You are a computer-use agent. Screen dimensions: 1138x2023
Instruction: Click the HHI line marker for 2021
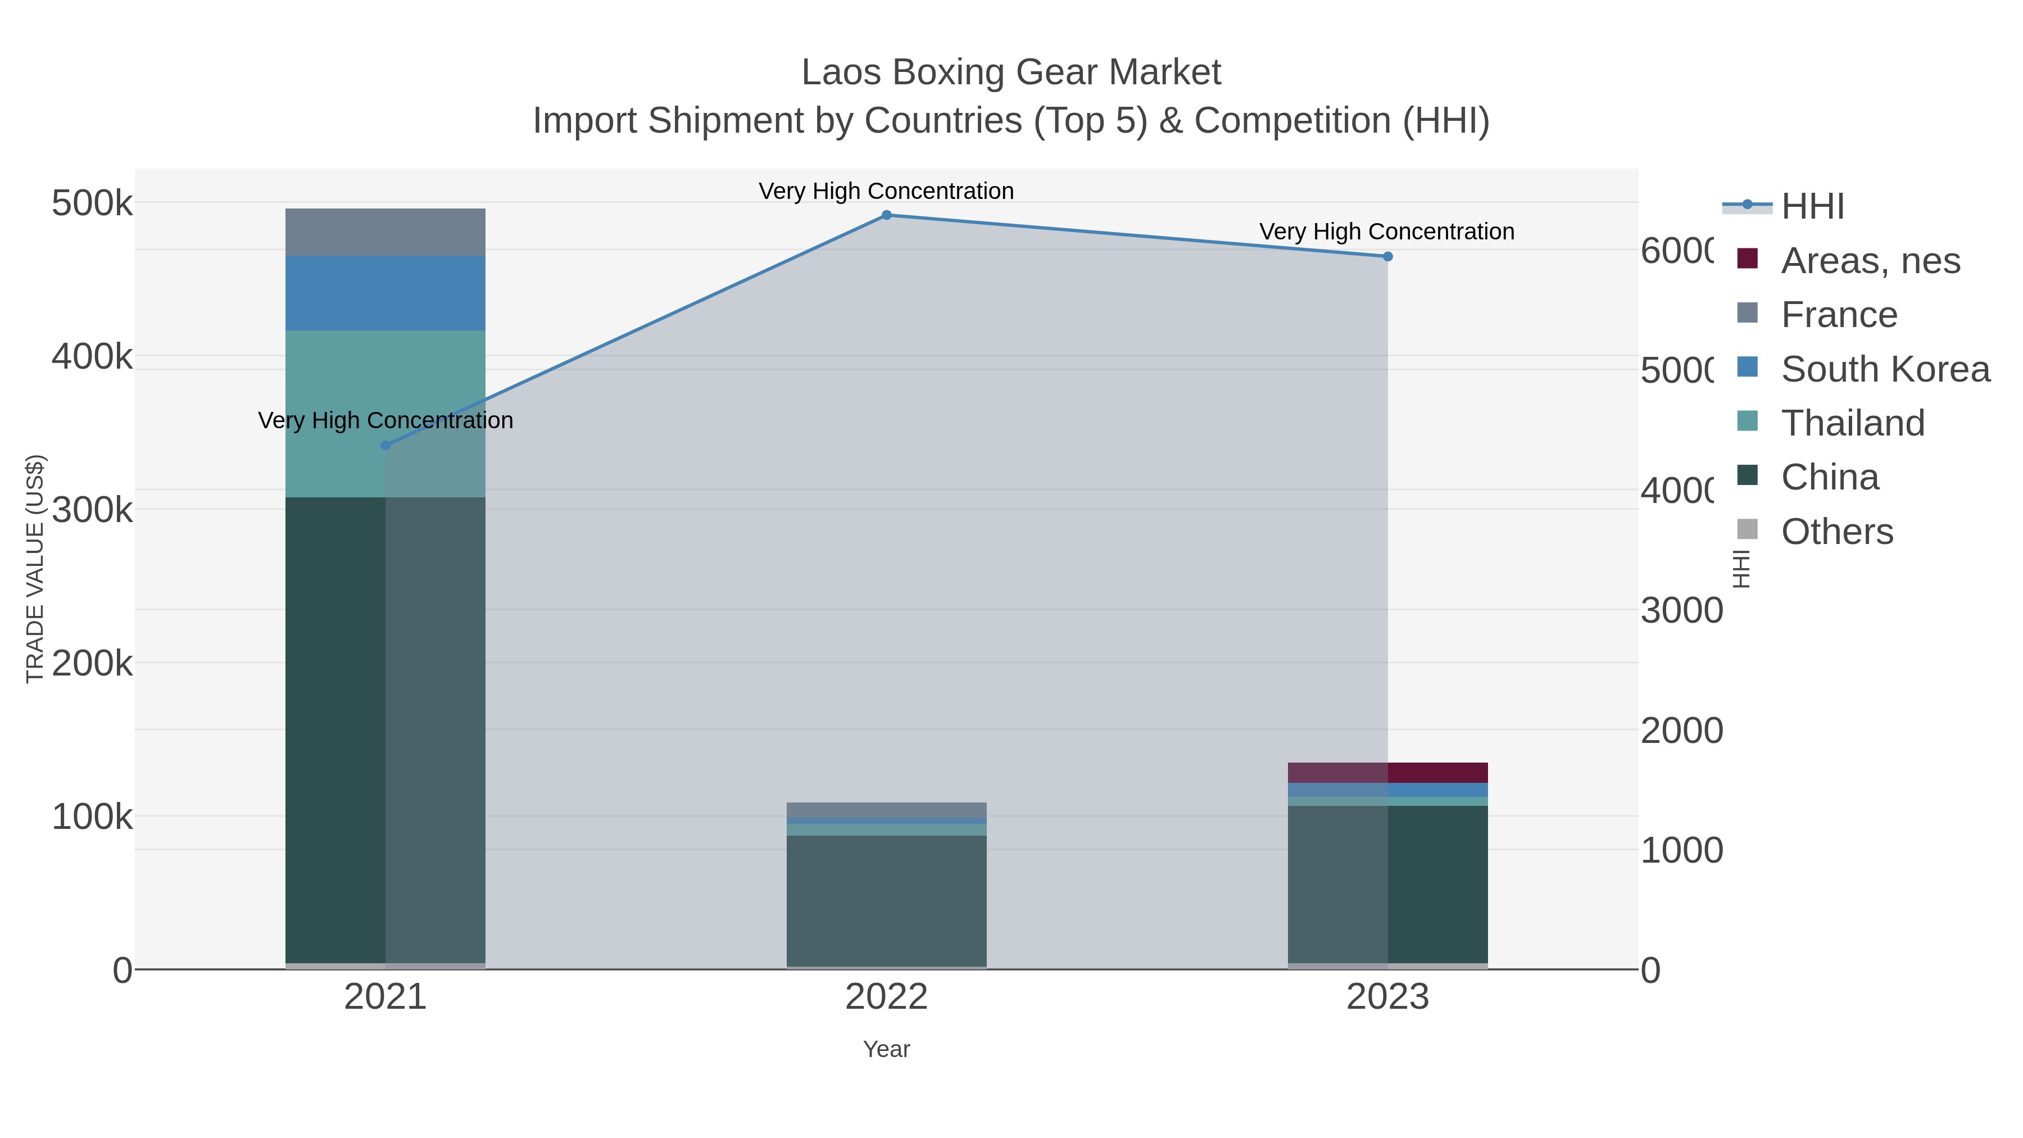(x=385, y=445)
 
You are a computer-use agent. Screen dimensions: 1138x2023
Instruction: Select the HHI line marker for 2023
(x=1387, y=256)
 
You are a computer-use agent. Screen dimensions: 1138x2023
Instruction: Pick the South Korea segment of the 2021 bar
(x=385, y=292)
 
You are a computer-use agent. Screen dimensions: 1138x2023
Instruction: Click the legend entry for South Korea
(x=1885, y=369)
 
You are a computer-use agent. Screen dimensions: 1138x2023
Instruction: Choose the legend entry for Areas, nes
(x=1870, y=261)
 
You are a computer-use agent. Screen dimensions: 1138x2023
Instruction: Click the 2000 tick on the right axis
(x=1681, y=731)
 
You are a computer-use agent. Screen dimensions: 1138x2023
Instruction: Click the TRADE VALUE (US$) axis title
(x=34, y=569)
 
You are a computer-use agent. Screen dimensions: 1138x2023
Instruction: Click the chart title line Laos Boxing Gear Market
(x=1011, y=72)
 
